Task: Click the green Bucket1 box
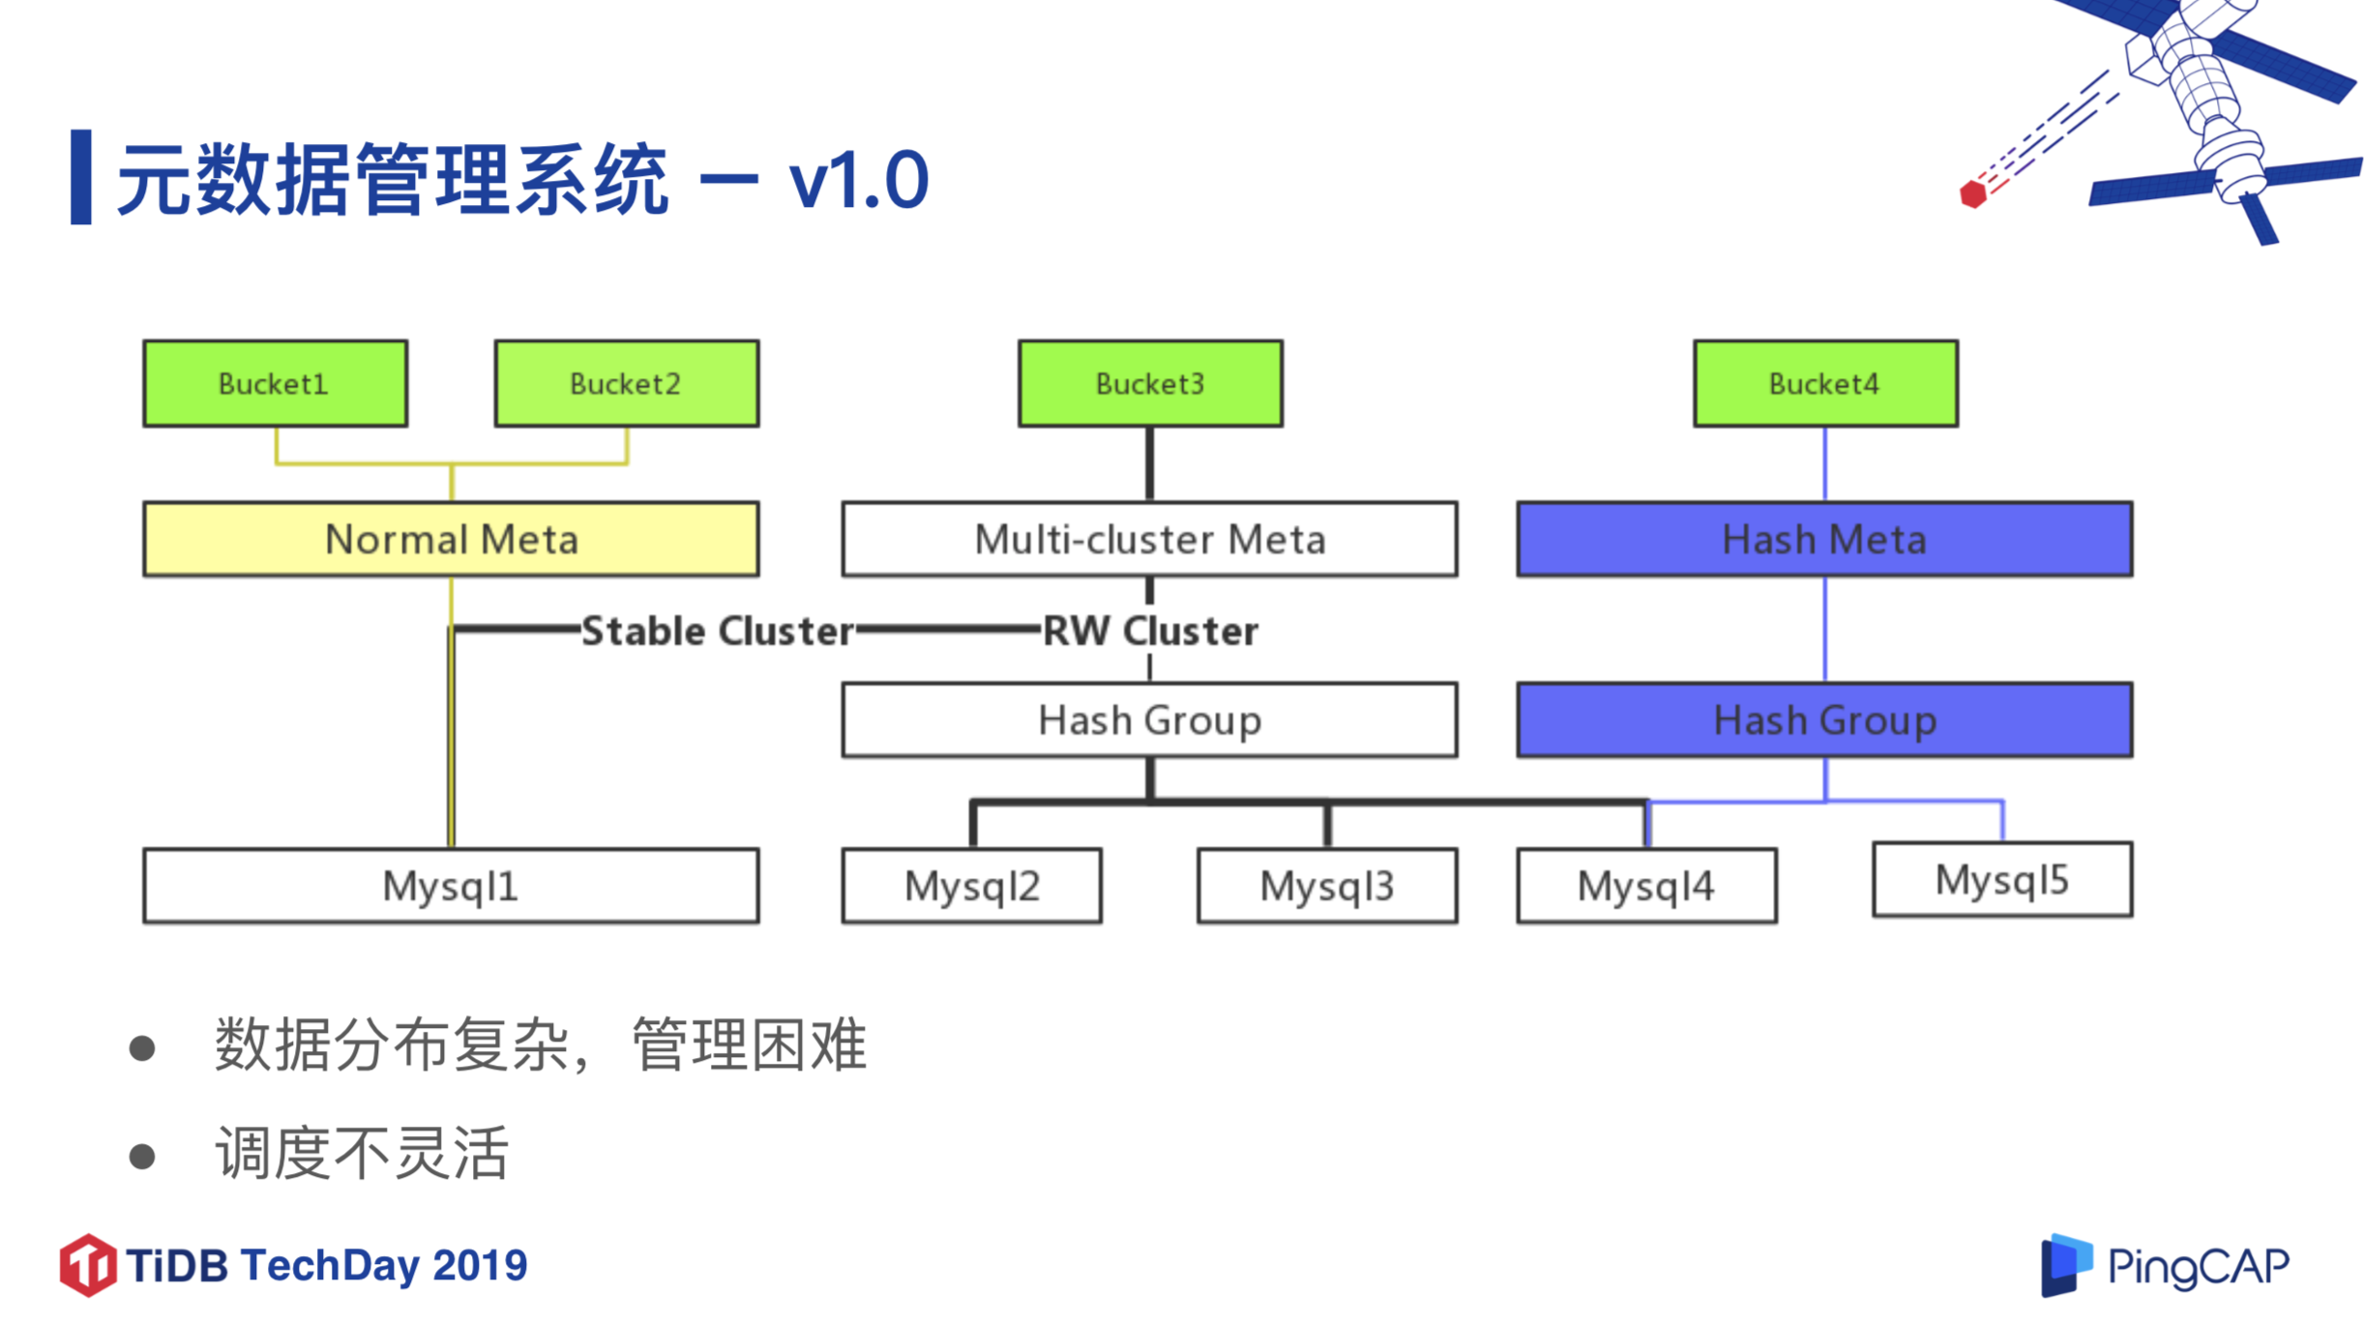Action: [275, 383]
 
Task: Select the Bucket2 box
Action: [626, 383]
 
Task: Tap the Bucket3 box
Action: [1149, 383]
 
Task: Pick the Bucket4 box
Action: [1824, 383]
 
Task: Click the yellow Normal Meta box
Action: [451, 539]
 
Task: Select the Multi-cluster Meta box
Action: [1149, 539]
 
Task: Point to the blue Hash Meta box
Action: [1824, 539]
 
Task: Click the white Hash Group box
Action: [1149, 720]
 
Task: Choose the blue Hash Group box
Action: [1824, 720]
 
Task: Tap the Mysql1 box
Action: [451, 885]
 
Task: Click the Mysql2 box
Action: [971, 885]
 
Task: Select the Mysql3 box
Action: [1327, 885]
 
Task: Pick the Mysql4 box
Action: [1646, 885]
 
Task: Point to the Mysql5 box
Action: [2001, 879]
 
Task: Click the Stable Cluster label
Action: [717, 631]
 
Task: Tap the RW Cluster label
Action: [1150, 631]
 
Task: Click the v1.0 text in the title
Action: [858, 180]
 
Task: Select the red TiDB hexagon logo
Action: [87, 1264]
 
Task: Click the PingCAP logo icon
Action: [2065, 1264]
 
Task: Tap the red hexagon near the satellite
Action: [1972, 193]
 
